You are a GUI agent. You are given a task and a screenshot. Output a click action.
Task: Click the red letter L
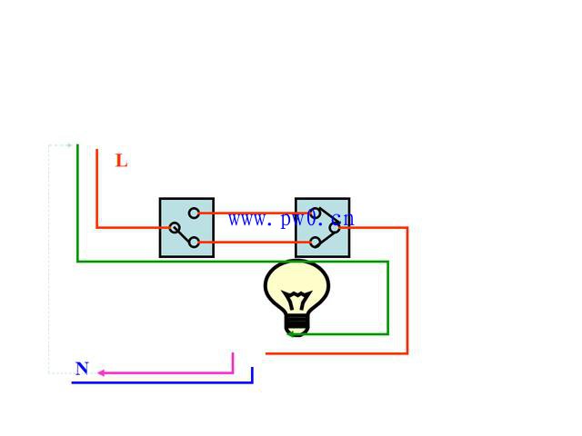121,162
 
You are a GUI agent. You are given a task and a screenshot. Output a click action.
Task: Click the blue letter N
82,369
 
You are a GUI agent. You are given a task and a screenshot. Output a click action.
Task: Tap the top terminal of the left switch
194,213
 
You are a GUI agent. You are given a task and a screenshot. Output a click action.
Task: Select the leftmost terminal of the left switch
174,228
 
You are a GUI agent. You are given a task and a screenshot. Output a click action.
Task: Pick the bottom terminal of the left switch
194,243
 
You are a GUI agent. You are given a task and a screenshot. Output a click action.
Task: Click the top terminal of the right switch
315,213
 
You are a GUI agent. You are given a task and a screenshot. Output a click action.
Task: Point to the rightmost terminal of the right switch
335,228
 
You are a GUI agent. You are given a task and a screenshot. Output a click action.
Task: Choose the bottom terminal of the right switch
315,243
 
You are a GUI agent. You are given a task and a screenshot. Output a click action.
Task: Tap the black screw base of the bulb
296,322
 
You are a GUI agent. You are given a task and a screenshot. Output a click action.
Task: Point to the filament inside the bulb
296,299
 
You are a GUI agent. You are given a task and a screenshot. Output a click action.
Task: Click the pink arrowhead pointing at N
103,372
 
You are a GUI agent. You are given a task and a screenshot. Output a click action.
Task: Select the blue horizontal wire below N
164,382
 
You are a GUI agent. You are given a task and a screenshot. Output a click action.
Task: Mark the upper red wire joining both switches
255,213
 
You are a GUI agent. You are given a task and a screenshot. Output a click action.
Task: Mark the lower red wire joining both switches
255,243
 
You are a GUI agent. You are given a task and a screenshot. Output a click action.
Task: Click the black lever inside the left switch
184,235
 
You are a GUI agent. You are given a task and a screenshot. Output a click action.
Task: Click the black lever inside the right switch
325,221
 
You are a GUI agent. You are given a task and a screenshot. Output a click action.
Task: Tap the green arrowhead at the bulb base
292,333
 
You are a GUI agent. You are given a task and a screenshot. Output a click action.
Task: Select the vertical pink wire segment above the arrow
233,362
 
